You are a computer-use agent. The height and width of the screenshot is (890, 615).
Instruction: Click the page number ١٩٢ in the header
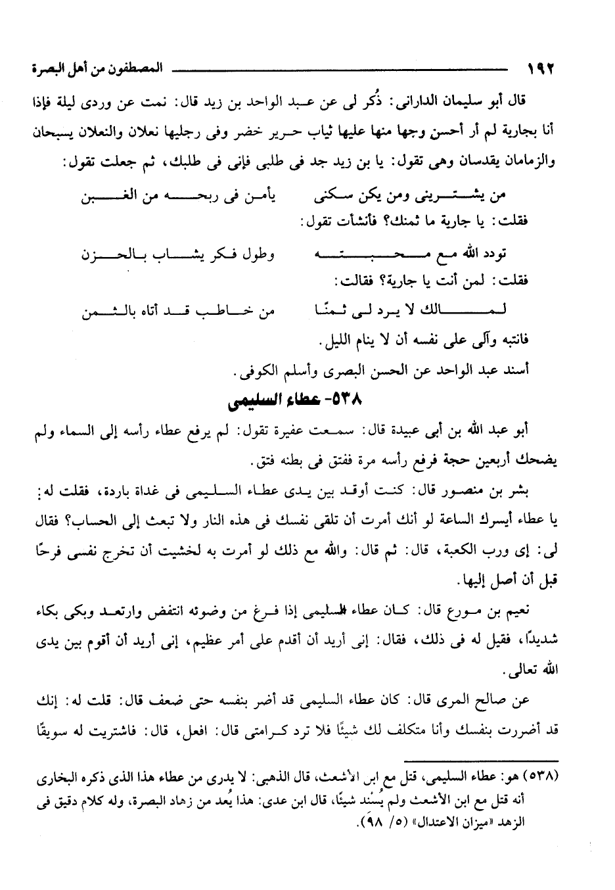541,68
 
